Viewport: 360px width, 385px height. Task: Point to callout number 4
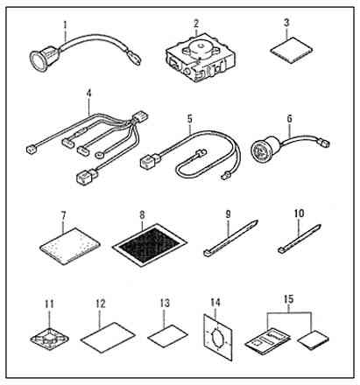click(88, 94)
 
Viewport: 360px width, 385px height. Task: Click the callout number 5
click(190, 119)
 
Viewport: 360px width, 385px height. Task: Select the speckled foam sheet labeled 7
click(70, 246)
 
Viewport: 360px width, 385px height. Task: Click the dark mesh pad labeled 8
click(150, 244)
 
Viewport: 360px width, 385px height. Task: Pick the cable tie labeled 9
click(230, 238)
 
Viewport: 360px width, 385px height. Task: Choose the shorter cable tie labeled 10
click(300, 239)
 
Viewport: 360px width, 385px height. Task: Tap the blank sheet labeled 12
click(108, 338)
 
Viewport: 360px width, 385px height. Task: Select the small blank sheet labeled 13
click(167, 336)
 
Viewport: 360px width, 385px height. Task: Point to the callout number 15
click(289, 299)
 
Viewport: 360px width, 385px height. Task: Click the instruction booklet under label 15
click(268, 340)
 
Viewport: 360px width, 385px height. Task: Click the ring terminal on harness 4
click(100, 155)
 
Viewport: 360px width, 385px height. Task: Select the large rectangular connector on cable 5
click(150, 161)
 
